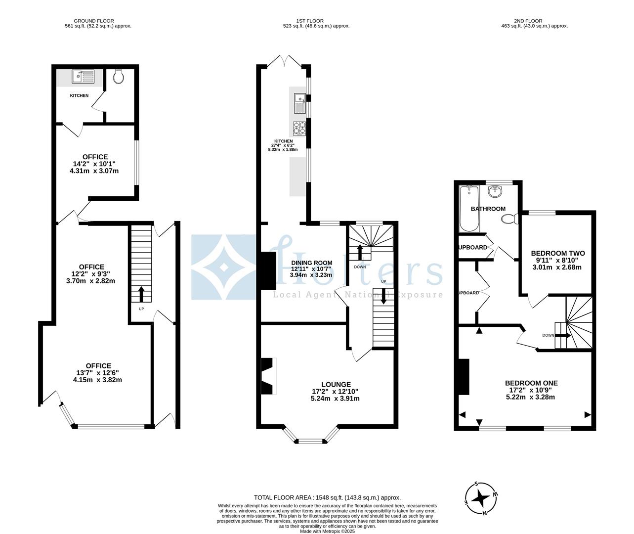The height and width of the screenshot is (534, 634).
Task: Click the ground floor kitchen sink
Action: point(83,77)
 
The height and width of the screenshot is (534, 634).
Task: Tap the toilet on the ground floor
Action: point(118,77)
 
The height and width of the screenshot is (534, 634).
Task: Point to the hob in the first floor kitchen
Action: point(299,128)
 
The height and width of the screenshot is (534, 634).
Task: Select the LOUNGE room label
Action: point(336,384)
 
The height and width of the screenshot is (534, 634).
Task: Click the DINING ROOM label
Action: point(311,263)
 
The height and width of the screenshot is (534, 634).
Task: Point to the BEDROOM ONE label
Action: point(531,383)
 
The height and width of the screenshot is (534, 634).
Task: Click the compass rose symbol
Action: point(480,498)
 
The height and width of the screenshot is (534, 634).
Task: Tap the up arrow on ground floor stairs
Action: point(141,294)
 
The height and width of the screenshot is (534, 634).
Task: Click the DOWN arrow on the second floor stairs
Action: point(562,335)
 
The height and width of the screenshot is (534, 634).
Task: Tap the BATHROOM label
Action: point(488,209)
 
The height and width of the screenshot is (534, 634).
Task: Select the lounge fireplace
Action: point(267,375)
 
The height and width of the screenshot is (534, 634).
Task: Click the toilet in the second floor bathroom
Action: point(509,218)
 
